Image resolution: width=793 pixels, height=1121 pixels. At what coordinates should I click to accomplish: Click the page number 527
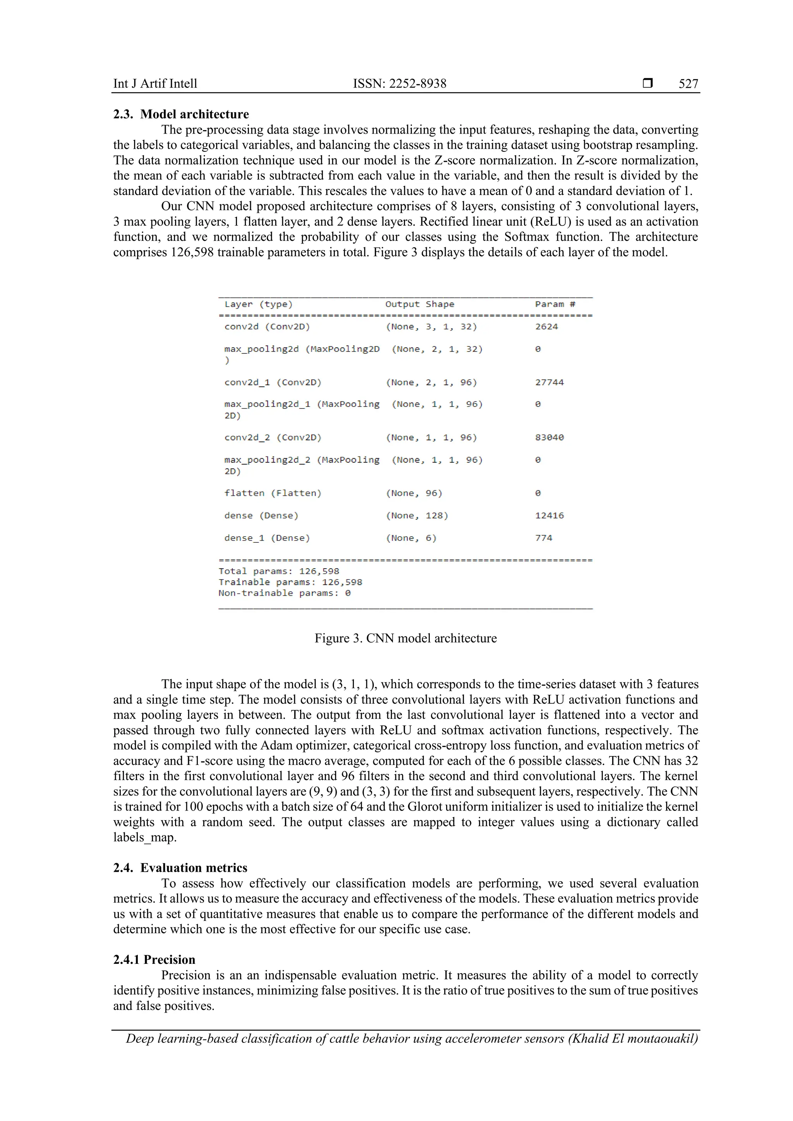point(688,84)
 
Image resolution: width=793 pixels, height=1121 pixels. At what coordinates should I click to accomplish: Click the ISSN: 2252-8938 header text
point(400,84)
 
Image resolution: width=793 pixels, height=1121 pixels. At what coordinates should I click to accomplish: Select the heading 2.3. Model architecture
point(181,114)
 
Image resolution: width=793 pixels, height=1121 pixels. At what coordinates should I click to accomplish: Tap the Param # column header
point(555,304)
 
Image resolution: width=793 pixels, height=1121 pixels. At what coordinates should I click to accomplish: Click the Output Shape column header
point(419,304)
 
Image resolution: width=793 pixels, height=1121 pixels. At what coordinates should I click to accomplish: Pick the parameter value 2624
point(546,327)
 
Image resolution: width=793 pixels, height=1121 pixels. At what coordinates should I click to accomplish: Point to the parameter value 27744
point(549,382)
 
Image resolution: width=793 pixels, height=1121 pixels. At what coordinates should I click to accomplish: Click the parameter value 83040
point(549,437)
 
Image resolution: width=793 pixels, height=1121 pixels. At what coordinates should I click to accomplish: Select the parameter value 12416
point(549,516)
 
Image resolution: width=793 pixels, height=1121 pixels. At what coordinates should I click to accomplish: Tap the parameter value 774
point(544,538)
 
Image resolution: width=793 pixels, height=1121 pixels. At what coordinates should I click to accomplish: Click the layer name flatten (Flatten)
point(273,493)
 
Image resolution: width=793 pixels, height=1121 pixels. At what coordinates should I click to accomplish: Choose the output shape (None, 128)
point(417,516)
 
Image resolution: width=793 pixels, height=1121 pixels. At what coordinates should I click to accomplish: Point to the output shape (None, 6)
point(411,538)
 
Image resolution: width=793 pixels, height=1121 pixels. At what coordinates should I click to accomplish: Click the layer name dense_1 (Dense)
point(267,538)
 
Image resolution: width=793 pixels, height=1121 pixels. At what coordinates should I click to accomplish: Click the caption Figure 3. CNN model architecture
point(405,639)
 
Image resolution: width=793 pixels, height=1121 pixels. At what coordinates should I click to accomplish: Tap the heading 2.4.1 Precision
point(154,960)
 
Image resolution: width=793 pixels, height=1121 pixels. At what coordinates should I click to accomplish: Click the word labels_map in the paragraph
point(144,837)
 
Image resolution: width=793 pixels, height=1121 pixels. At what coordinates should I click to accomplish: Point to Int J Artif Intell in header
point(155,84)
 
